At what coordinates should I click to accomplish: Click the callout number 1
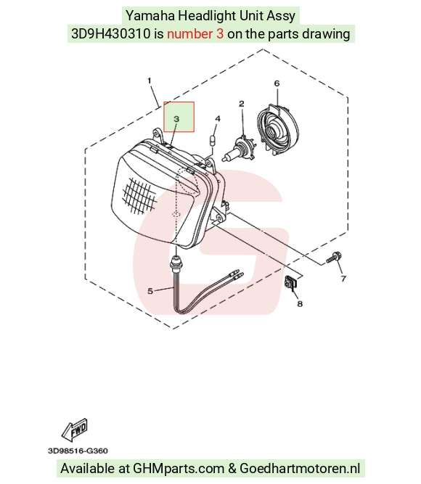pyautogui.click(x=150, y=81)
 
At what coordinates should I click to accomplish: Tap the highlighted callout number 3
pyautogui.click(x=176, y=119)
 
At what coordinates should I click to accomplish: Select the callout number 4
pyautogui.click(x=218, y=119)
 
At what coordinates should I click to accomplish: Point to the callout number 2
pyautogui.click(x=242, y=104)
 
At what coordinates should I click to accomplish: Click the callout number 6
pyautogui.click(x=277, y=83)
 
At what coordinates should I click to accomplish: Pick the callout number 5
pyautogui.click(x=150, y=291)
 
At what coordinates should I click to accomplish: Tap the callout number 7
pyautogui.click(x=343, y=279)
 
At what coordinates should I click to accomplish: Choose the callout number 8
pyautogui.click(x=300, y=304)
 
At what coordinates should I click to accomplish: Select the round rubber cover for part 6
pyautogui.click(x=278, y=129)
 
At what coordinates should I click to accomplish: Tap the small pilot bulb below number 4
pyautogui.click(x=212, y=141)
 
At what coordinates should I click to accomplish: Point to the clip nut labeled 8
pyautogui.click(x=290, y=282)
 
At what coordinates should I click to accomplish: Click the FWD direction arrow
pyautogui.click(x=75, y=430)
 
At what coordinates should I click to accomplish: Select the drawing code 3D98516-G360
pyautogui.click(x=78, y=451)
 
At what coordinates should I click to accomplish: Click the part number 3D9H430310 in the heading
pyautogui.click(x=110, y=33)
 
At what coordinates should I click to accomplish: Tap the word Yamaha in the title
pyautogui.click(x=150, y=16)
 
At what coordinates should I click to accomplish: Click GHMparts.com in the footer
pyautogui.click(x=179, y=469)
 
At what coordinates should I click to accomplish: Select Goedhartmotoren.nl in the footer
pyautogui.click(x=300, y=468)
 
